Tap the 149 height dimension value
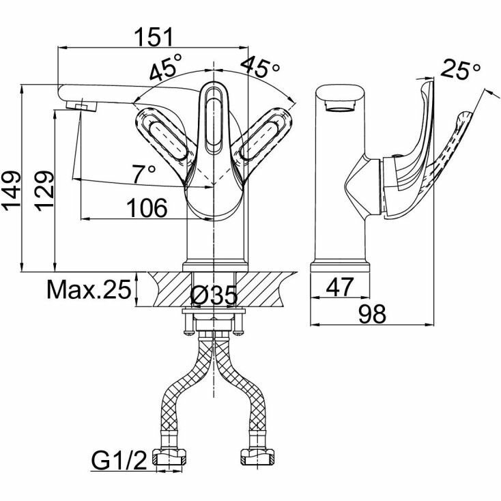click(x=13, y=192)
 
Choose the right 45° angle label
click(x=261, y=68)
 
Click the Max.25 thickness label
click(x=88, y=291)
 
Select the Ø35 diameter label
click(x=214, y=295)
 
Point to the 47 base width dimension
click(x=339, y=287)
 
